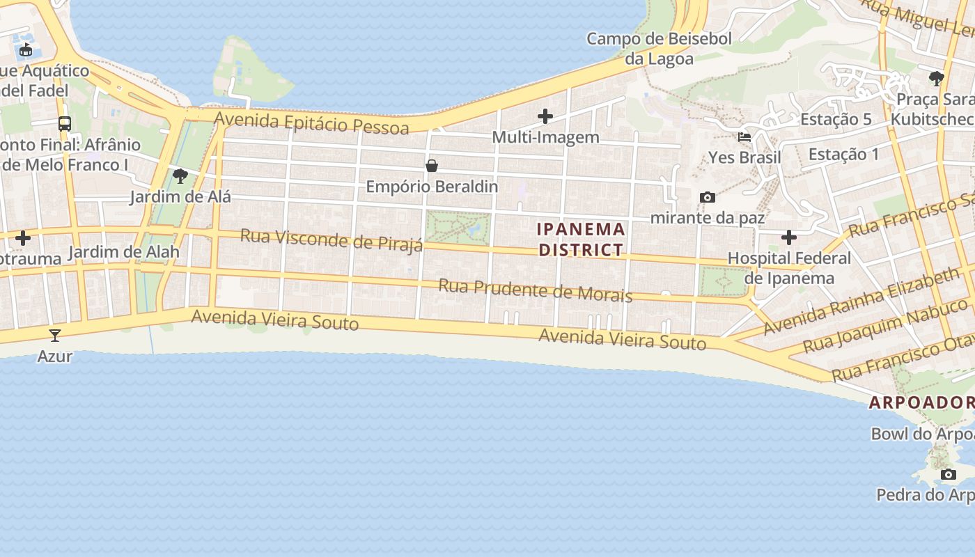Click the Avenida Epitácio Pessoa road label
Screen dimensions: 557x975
311,123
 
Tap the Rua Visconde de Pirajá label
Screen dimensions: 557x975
331,240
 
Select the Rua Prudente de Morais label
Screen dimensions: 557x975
536,290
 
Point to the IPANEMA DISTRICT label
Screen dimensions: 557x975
581,240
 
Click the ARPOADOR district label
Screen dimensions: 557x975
921,402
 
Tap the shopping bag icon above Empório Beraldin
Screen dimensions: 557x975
432,166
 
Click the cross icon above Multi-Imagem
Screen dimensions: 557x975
545,116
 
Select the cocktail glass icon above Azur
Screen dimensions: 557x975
55,336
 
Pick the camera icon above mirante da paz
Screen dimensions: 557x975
707,197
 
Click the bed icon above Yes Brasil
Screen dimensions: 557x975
744,136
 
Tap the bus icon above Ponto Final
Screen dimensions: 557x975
65,124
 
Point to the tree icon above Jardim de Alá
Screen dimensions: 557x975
180,175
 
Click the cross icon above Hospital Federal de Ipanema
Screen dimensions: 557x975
788,237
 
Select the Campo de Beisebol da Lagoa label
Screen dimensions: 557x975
659,49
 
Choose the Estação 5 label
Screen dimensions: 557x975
836,119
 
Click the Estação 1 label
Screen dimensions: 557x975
844,154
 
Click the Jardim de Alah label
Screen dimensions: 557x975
123,251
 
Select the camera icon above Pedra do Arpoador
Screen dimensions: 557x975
948,475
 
